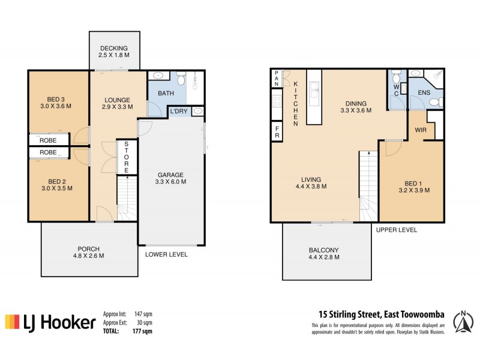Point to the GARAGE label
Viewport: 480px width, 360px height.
(170, 175)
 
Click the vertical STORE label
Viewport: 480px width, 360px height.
(127, 157)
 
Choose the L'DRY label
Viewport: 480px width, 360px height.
(180, 112)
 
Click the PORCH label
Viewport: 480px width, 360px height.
(88, 249)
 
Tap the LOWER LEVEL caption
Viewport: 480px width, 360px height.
(166, 254)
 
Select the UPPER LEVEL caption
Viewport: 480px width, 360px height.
(396, 230)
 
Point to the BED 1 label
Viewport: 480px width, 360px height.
(410, 184)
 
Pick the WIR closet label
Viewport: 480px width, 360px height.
(420, 129)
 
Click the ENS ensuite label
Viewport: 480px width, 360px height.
(424, 92)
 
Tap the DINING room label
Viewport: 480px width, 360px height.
(356, 103)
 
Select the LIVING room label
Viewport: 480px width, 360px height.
(311, 179)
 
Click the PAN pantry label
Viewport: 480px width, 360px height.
(277, 78)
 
